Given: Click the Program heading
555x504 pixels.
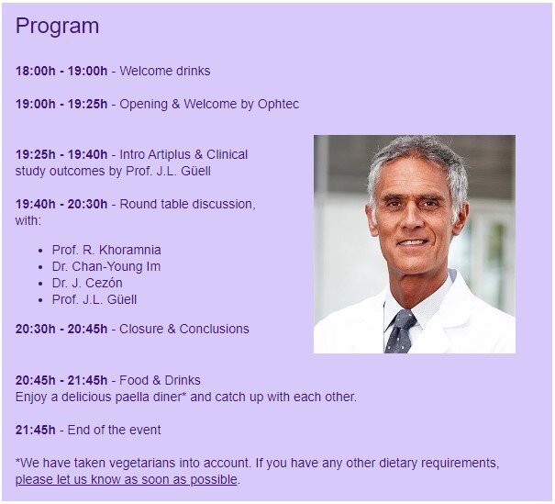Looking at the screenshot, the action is pos(58,27).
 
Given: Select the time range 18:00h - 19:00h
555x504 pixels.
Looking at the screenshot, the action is pos(61,71).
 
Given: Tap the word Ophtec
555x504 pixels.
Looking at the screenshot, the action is pos(278,105).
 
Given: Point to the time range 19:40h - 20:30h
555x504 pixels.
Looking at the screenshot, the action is pos(61,204).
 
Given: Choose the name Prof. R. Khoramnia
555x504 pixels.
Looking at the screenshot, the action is pos(106,250).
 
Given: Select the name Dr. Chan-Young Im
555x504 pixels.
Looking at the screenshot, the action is pos(106,266).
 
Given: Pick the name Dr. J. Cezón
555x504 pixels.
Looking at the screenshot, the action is pos(87,283).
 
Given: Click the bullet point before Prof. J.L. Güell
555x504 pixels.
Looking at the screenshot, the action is pos(40,300).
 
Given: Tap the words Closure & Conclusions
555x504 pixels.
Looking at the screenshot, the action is pos(184,329).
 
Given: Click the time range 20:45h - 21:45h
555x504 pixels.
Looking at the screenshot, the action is pos(61,380).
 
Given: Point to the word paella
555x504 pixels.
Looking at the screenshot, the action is pos(132,397).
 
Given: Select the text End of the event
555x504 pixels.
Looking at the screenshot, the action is pos(114,430).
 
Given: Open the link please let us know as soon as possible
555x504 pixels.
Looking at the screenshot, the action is pos(126,479).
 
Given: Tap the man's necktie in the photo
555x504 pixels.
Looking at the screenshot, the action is pos(400,331).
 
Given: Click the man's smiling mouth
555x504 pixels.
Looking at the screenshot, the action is pos(413,243).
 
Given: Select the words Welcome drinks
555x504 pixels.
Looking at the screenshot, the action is pos(164,71).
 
